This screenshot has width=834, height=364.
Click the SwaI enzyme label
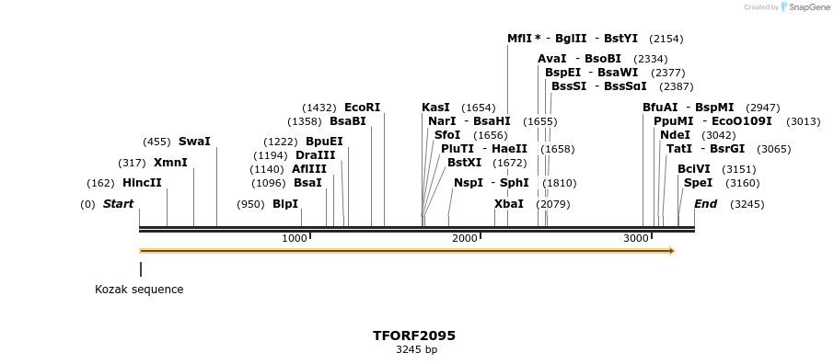[x=194, y=142]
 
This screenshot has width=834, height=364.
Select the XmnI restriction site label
[x=170, y=163]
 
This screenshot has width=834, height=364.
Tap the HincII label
[x=142, y=183]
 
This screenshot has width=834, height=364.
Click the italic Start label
[x=118, y=204]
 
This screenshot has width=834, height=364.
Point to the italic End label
[x=705, y=204]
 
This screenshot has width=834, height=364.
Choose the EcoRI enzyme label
[x=362, y=108]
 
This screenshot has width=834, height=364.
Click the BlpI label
[x=285, y=204]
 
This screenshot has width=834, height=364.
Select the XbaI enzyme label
[x=509, y=204]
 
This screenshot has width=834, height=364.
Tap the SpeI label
[x=698, y=183]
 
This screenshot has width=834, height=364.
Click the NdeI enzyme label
[x=675, y=135]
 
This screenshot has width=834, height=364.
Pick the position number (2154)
[x=666, y=39]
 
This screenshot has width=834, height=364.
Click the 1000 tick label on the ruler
[x=294, y=239]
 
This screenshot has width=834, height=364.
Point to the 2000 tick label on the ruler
[x=465, y=239]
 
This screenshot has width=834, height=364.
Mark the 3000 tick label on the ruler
[x=636, y=239]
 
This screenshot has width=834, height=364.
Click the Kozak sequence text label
[x=139, y=290]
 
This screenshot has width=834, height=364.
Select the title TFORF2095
[x=414, y=336]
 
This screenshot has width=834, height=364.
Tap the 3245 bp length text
[x=416, y=350]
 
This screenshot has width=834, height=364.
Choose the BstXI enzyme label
[x=464, y=163]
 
